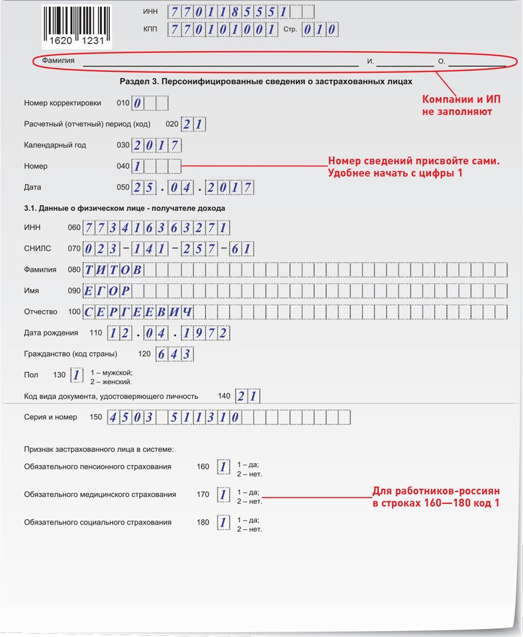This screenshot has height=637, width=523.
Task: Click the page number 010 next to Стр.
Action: coord(320,30)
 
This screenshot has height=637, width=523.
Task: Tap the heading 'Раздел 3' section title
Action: coord(266,82)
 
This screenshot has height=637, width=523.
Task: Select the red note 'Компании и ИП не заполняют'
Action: coord(461,105)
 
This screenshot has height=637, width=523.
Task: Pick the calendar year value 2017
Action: coord(156,146)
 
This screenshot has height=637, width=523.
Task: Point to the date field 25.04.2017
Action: coord(192,188)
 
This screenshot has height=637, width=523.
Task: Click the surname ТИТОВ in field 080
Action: coord(113,270)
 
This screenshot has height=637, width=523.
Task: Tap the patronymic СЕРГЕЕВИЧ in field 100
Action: coord(138,312)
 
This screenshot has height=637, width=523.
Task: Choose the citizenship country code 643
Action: coord(175,354)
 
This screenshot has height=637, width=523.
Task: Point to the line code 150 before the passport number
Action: coord(96,417)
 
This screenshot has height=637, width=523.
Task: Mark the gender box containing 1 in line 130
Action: coord(77,376)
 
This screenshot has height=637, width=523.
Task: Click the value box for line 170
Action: coord(223,495)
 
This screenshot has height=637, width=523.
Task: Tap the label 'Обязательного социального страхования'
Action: coord(97,523)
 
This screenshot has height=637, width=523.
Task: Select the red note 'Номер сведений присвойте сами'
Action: coord(413,167)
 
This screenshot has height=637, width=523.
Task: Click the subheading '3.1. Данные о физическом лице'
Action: coord(124,208)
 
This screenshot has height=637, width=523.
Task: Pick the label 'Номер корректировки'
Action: coord(62,103)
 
